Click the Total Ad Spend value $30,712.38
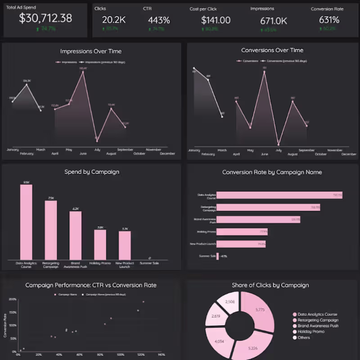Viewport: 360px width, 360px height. (x=45, y=18)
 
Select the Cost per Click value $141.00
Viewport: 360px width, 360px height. (x=216, y=20)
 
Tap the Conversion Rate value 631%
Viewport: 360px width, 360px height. (x=329, y=20)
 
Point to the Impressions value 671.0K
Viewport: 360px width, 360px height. (x=274, y=21)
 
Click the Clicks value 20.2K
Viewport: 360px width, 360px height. (x=111, y=20)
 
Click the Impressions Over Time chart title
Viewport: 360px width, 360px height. (x=91, y=51)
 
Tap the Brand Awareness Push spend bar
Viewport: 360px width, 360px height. (x=75, y=235)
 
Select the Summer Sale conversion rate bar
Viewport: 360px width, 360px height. (x=218, y=256)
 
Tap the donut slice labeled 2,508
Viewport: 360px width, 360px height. (x=229, y=301)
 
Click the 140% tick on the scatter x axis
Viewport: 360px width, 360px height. (x=161, y=355)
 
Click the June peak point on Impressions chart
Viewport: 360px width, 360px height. (x=83, y=71)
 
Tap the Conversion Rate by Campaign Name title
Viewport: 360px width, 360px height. (x=272, y=172)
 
